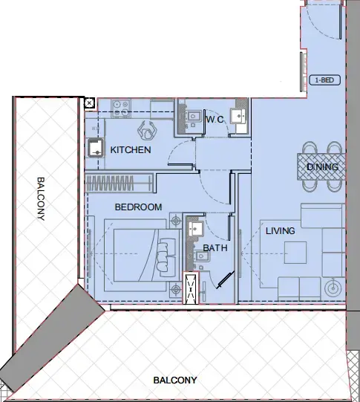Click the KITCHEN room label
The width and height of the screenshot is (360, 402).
(131, 150)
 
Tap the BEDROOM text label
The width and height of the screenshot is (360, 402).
(138, 207)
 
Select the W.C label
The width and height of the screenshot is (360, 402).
(215, 119)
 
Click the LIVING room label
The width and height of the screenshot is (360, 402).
(280, 231)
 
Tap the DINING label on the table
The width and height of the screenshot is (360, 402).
(322, 167)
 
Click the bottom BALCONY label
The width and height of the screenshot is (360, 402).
(175, 380)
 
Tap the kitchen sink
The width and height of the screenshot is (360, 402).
(96, 148)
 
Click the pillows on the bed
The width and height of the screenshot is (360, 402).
(165, 250)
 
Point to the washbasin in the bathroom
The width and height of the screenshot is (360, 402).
(196, 228)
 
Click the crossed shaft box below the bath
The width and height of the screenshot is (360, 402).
(192, 288)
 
